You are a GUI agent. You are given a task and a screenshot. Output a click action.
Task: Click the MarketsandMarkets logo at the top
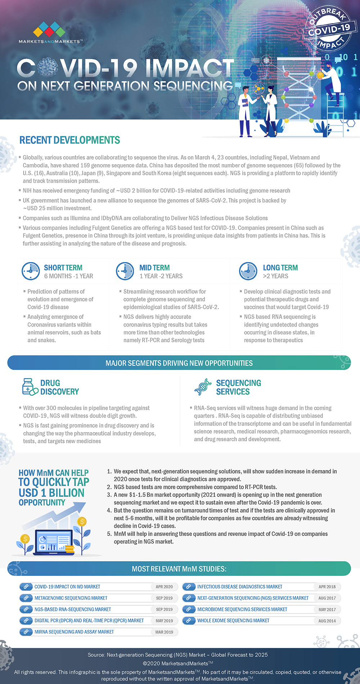[50, 32]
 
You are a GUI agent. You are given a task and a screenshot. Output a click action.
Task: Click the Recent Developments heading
[69, 140]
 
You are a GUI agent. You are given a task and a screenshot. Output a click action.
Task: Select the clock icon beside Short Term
[31, 271]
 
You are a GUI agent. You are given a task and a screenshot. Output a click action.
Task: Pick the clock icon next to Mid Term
[125, 271]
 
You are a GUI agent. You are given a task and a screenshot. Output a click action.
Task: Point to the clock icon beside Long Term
[248, 271]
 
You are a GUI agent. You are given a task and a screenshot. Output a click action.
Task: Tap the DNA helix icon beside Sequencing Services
[203, 387]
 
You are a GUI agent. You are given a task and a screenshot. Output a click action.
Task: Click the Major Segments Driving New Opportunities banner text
[179, 363]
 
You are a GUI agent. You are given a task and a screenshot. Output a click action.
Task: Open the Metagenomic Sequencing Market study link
[71, 598]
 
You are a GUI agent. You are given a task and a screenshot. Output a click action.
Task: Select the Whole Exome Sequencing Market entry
[233, 621]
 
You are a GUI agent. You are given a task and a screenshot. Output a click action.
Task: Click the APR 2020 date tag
[164, 587]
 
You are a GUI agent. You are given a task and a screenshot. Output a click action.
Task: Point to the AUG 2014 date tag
[327, 621]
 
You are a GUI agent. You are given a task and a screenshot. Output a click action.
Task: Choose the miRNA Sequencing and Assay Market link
[74, 632]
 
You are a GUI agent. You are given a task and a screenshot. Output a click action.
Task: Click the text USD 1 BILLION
[51, 493]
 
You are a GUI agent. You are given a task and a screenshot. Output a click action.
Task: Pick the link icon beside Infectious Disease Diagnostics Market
[189, 587]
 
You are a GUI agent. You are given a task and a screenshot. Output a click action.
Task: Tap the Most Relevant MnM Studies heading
[179, 569]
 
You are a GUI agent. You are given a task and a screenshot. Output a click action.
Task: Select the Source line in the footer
[178, 655]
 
